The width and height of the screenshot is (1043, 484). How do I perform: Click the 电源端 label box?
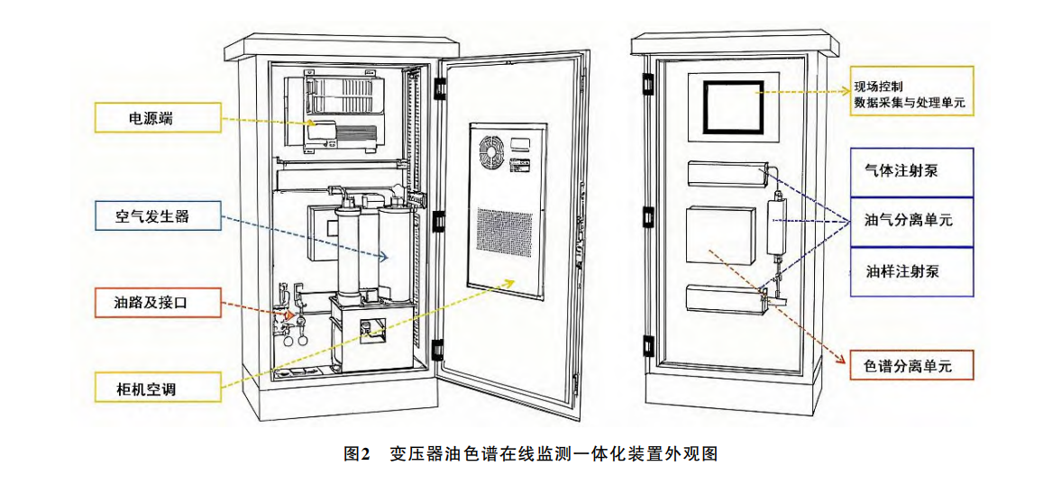[158, 119]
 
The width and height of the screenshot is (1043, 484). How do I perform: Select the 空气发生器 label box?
[158, 216]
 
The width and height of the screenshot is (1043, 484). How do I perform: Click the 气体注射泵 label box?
[911, 171]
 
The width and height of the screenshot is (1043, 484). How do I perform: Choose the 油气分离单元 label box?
[911, 222]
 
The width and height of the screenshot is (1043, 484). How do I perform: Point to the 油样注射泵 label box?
[911, 271]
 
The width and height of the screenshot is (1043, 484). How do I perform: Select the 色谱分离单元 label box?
[912, 366]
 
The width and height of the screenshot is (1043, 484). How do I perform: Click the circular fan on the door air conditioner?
[492, 152]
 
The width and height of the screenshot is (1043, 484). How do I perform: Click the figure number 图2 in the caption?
[355, 454]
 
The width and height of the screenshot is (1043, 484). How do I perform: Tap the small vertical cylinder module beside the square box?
[777, 225]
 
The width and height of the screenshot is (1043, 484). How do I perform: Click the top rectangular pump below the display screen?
[727, 173]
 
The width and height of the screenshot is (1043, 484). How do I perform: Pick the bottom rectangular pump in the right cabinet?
[725, 297]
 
